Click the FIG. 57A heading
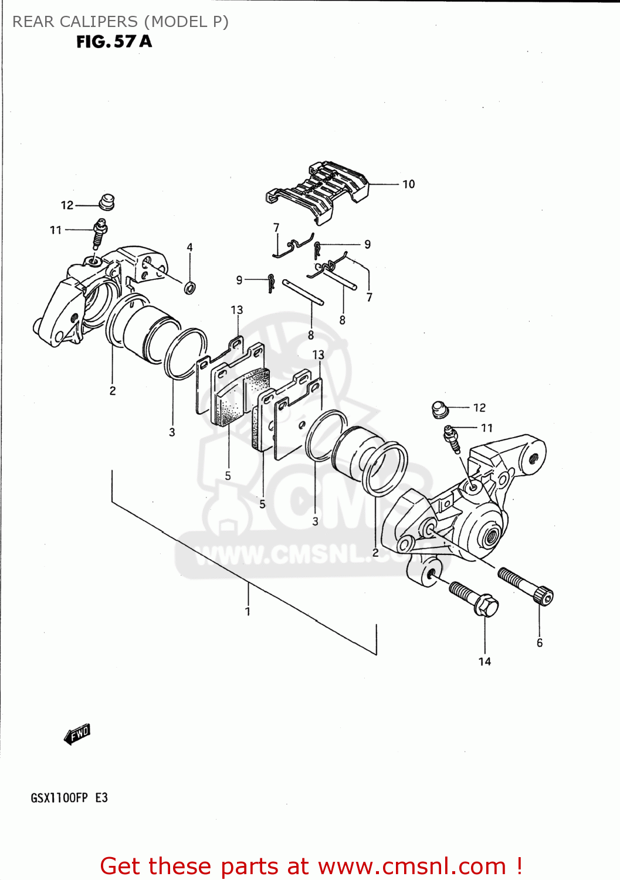tap(114, 42)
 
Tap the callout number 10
tap(408, 184)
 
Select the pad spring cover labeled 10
tap(320, 191)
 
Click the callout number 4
tap(189, 248)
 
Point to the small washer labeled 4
tap(190, 287)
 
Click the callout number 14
tap(485, 662)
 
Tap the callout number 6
tap(540, 643)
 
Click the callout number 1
tap(248, 611)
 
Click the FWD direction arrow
tap(77, 734)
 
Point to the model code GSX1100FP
tap(59, 798)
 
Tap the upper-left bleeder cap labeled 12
tap(106, 201)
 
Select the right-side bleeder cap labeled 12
tap(440, 408)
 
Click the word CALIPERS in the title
tap(99, 22)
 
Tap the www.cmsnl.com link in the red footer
tap(413, 866)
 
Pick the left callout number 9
tap(239, 280)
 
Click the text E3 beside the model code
tap(101, 798)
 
